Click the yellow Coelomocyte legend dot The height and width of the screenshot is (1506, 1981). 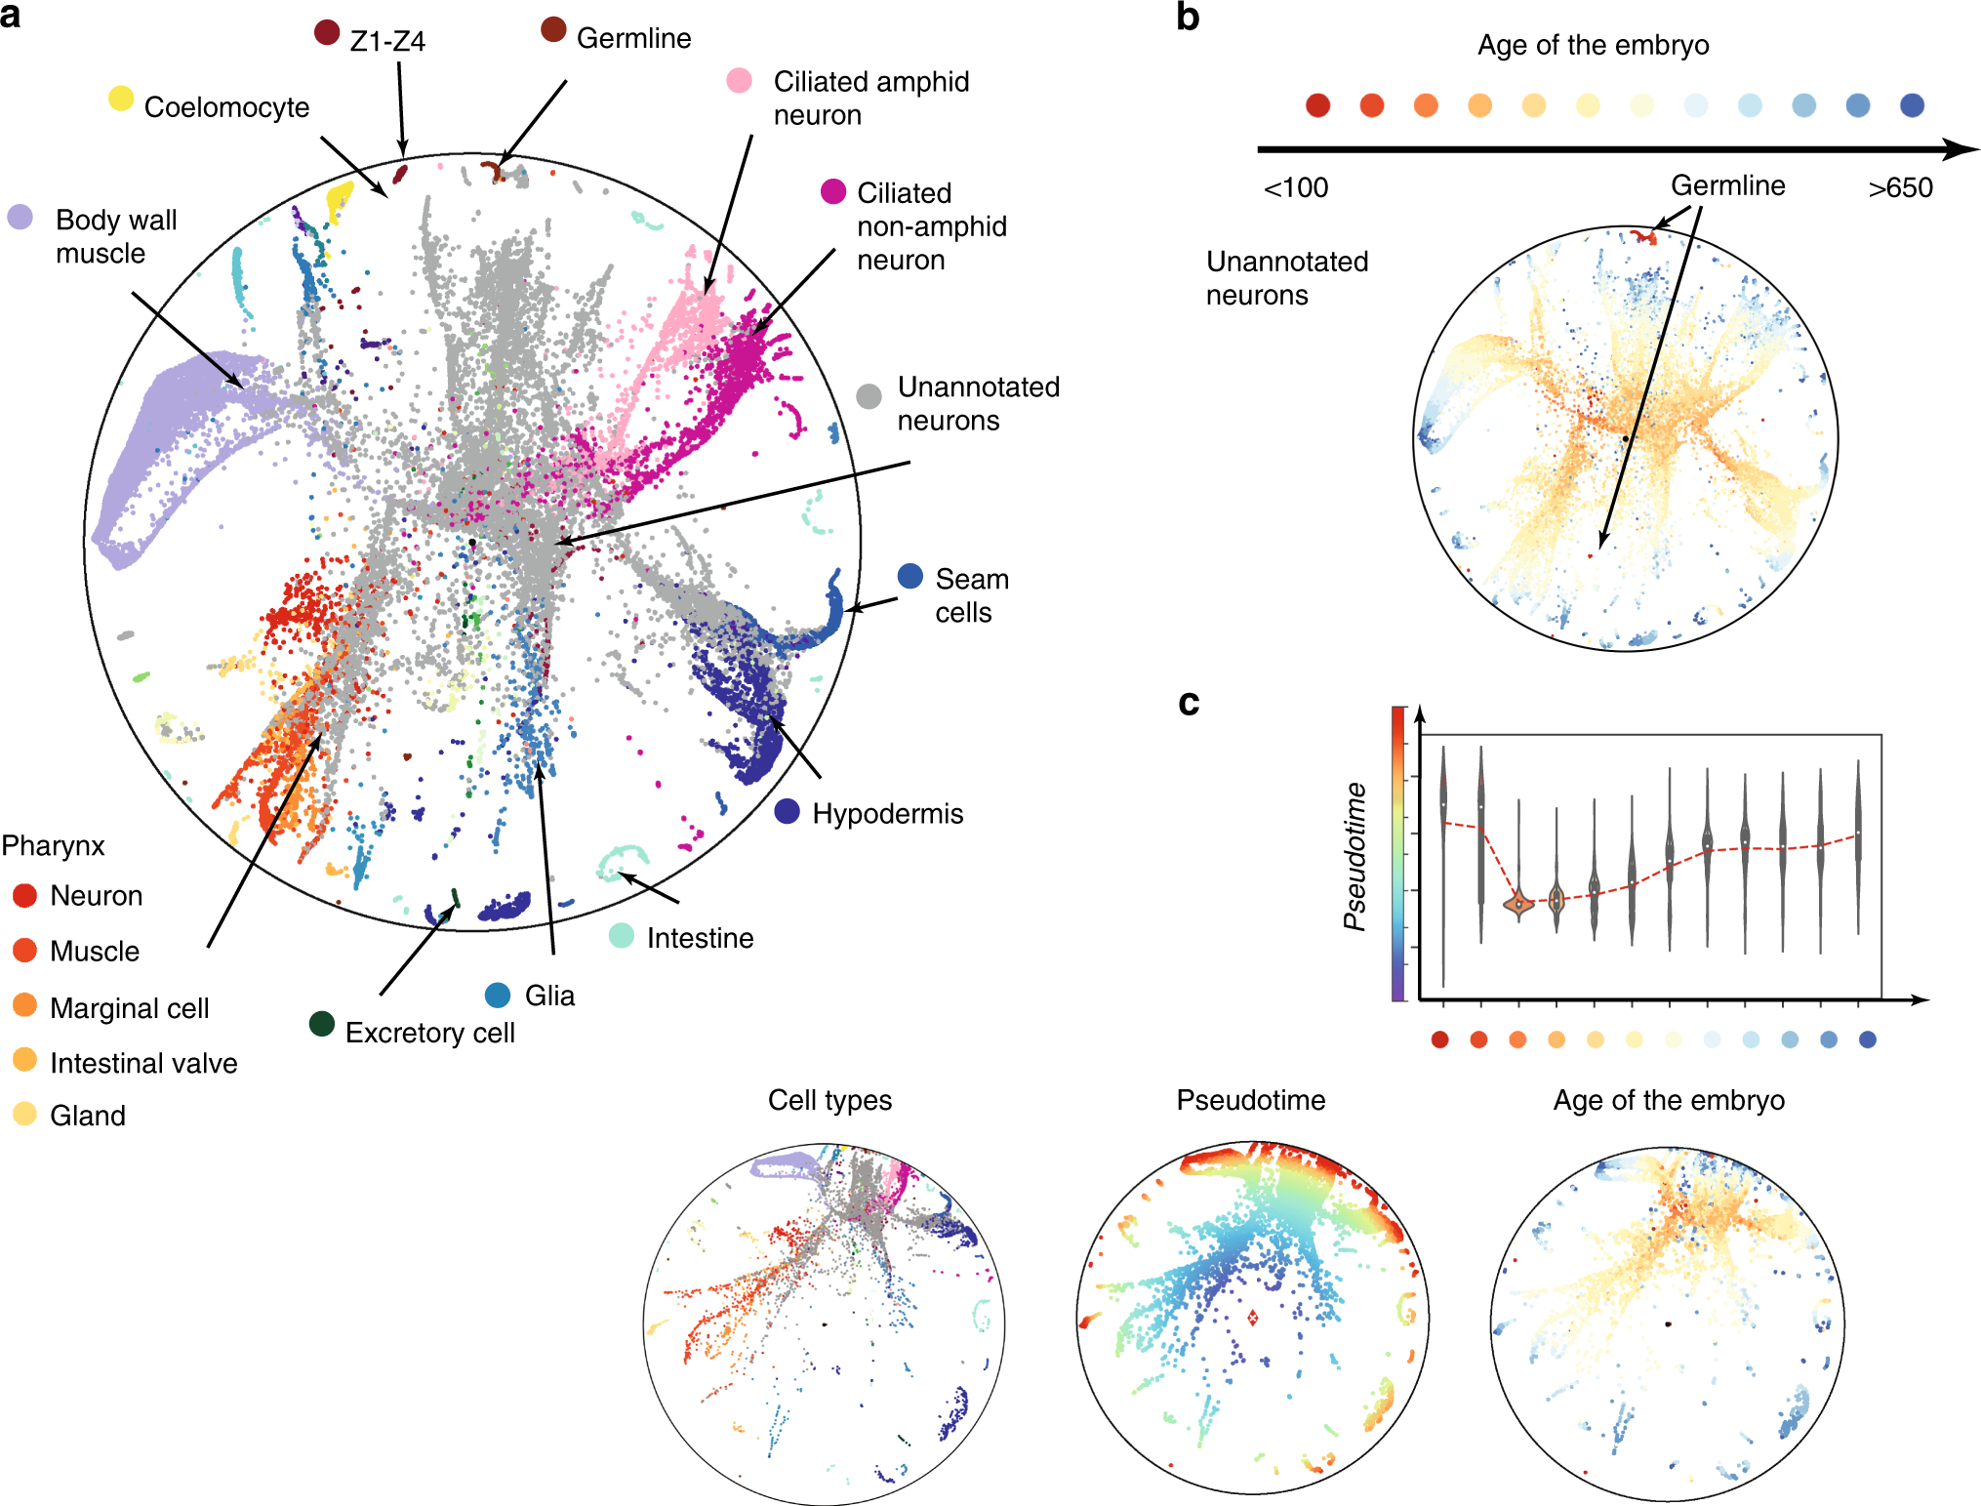tap(121, 99)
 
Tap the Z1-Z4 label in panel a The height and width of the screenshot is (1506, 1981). tap(387, 41)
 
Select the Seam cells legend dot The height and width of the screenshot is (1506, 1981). tap(910, 576)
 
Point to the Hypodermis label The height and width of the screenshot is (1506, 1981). tap(887, 814)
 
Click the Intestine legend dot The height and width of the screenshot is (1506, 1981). tap(622, 936)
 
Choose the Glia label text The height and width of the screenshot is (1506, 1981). tap(549, 996)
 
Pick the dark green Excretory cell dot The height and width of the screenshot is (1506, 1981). tap(322, 1023)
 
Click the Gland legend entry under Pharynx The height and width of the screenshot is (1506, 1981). tap(87, 1116)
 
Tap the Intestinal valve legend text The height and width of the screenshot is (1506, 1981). tap(143, 1063)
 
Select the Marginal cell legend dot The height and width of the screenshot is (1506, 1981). tap(25, 1005)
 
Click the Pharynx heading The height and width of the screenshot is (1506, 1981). tap(53, 845)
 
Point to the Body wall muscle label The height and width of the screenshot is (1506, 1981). tap(115, 236)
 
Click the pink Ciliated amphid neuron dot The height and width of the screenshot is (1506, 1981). tap(740, 81)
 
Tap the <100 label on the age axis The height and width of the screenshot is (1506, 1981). tap(1295, 187)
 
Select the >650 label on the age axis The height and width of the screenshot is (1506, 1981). tap(1899, 187)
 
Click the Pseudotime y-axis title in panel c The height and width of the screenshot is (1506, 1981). tap(1354, 856)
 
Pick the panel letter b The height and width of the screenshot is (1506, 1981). tap(1188, 18)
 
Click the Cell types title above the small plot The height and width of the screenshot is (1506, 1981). tap(829, 1100)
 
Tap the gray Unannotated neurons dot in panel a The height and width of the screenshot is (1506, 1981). tap(869, 396)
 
